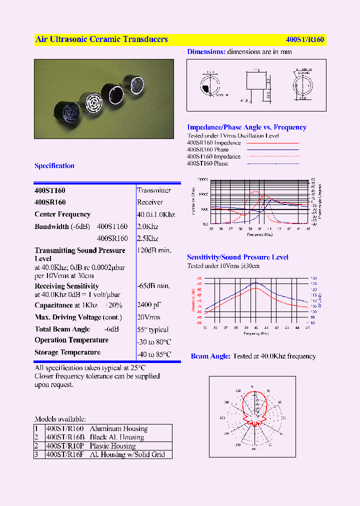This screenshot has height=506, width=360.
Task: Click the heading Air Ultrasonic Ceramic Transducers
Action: click(101, 39)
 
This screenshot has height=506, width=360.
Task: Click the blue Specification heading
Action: click(54, 166)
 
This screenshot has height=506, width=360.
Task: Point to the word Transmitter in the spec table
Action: click(154, 190)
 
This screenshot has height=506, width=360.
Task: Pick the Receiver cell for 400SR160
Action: click(150, 202)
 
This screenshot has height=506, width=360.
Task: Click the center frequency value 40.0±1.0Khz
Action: click(156, 214)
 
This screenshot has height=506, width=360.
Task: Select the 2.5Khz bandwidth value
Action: click(147, 239)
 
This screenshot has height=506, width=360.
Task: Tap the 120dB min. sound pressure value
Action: click(154, 250)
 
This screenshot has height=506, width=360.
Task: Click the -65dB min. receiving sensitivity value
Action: click(153, 286)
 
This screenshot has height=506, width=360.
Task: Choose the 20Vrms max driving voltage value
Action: click(148, 317)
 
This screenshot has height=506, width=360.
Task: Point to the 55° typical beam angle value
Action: click(152, 330)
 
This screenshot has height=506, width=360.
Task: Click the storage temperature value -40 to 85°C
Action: click(154, 354)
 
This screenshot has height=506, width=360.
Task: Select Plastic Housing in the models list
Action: click(112, 446)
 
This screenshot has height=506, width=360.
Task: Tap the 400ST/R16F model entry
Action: click(65, 454)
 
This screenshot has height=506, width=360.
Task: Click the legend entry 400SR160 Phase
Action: click(207, 149)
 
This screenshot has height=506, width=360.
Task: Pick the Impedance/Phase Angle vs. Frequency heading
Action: click(246, 127)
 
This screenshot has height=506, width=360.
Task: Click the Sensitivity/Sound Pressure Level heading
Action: click(237, 257)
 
